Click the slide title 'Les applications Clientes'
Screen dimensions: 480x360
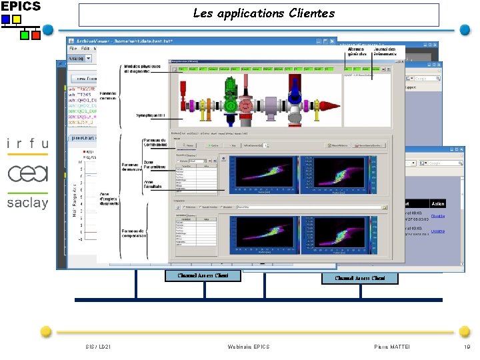point(263,13)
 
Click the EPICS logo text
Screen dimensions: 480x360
point(21,6)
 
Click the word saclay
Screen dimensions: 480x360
point(28,203)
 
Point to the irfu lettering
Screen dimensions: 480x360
point(27,143)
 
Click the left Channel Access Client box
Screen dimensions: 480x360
point(203,275)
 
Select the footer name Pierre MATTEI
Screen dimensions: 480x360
point(393,347)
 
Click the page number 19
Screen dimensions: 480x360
point(466,347)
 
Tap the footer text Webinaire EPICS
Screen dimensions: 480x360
point(248,347)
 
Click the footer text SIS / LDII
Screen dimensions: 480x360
point(98,347)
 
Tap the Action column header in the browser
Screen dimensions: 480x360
point(437,204)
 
